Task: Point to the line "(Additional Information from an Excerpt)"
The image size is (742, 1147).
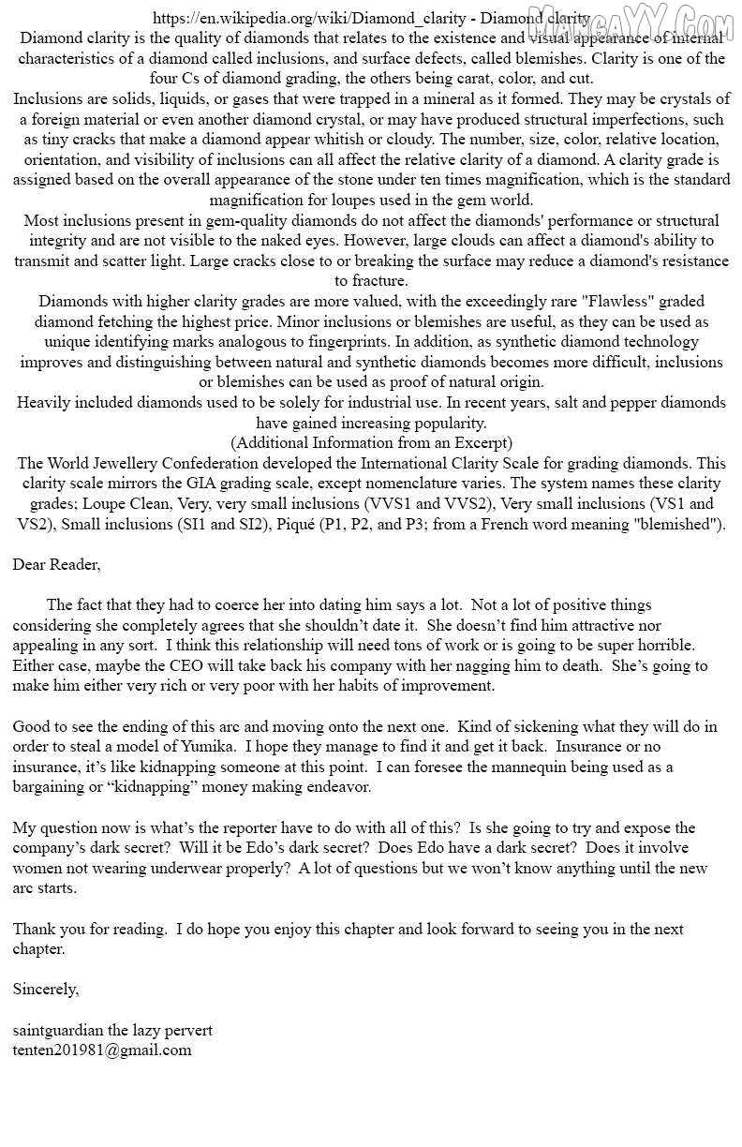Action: pyautogui.click(x=372, y=442)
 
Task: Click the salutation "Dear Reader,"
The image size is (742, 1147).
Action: pyautogui.click(x=56, y=564)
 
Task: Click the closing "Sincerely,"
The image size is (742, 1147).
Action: pyautogui.click(x=46, y=990)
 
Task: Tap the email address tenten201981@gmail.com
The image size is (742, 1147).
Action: pyautogui.click(x=102, y=1050)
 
